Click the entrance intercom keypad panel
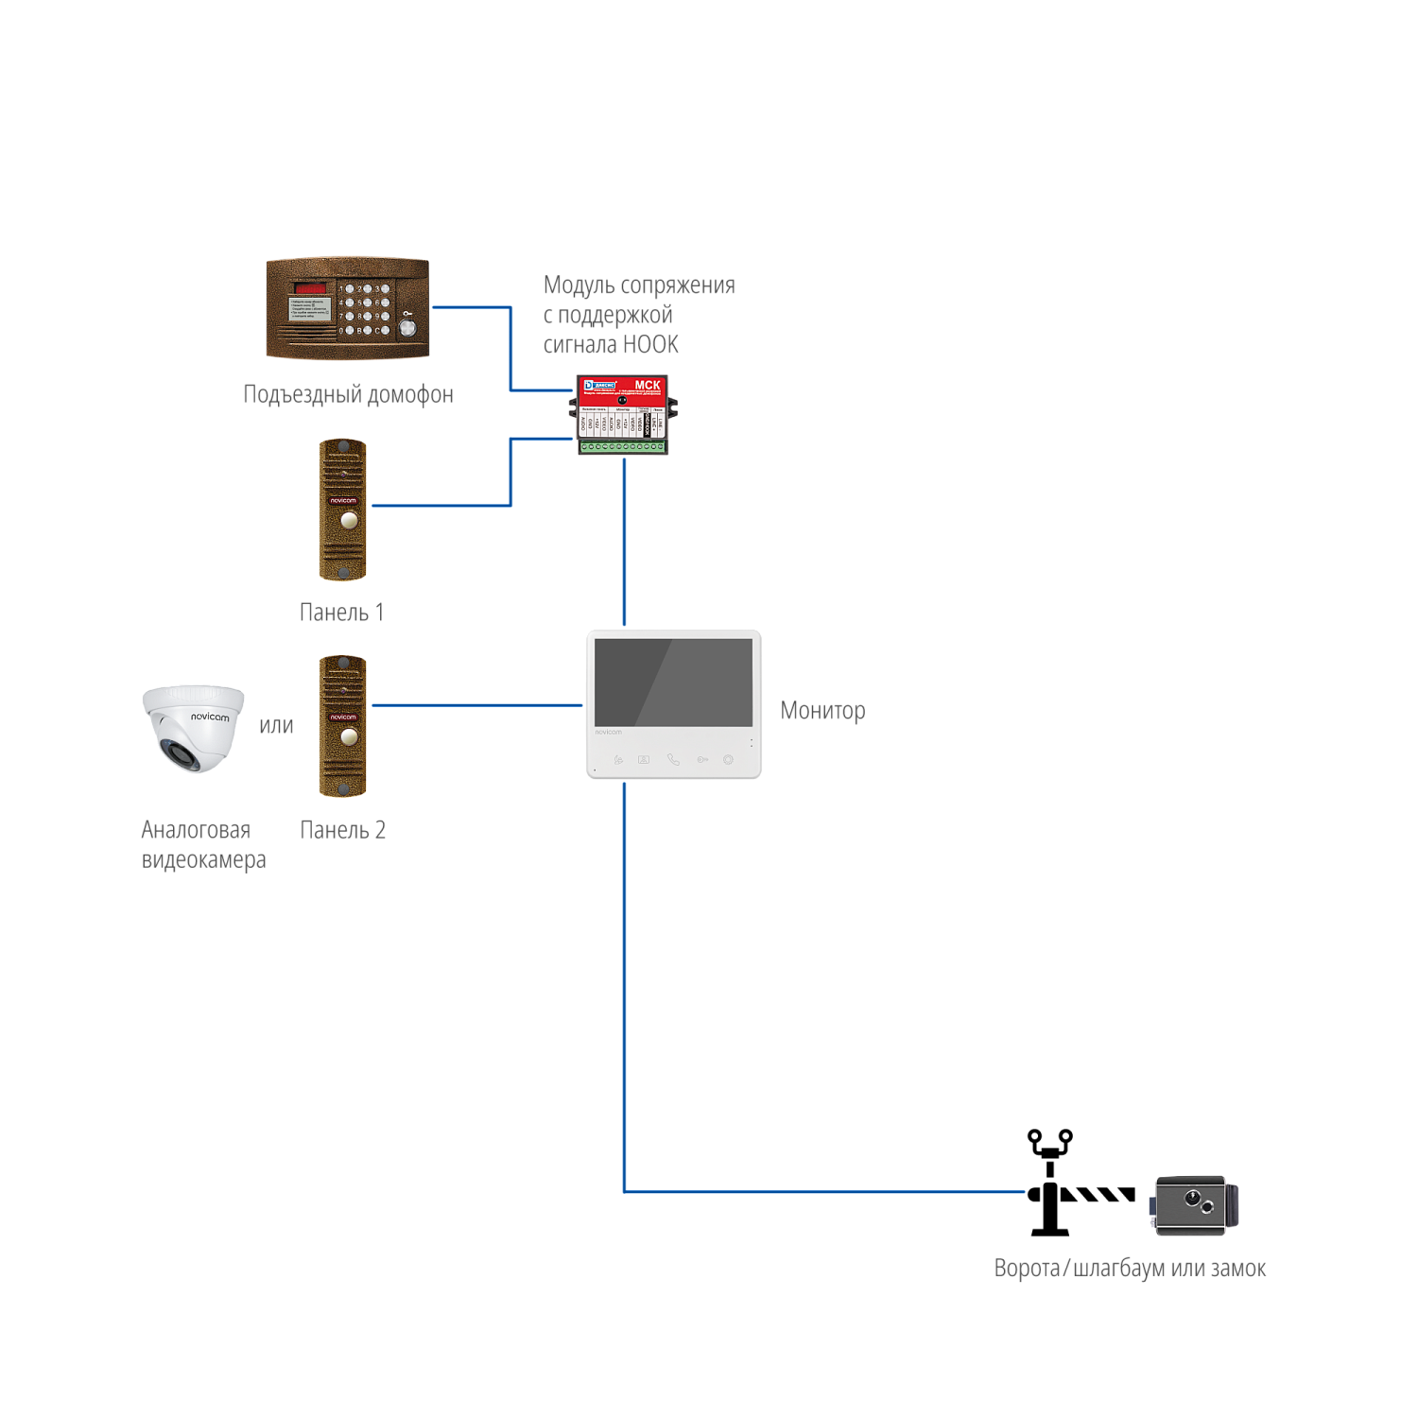(x=348, y=308)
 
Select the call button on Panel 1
(x=349, y=519)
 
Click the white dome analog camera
(x=194, y=728)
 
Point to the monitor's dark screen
(x=673, y=681)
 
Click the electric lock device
(x=1195, y=1205)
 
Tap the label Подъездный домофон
(x=348, y=394)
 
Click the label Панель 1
(x=341, y=613)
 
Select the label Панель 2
(x=342, y=830)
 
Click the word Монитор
(x=822, y=711)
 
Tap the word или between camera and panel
(x=276, y=726)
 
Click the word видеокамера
(x=203, y=860)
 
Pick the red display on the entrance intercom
(x=311, y=287)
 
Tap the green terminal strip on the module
(x=623, y=446)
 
